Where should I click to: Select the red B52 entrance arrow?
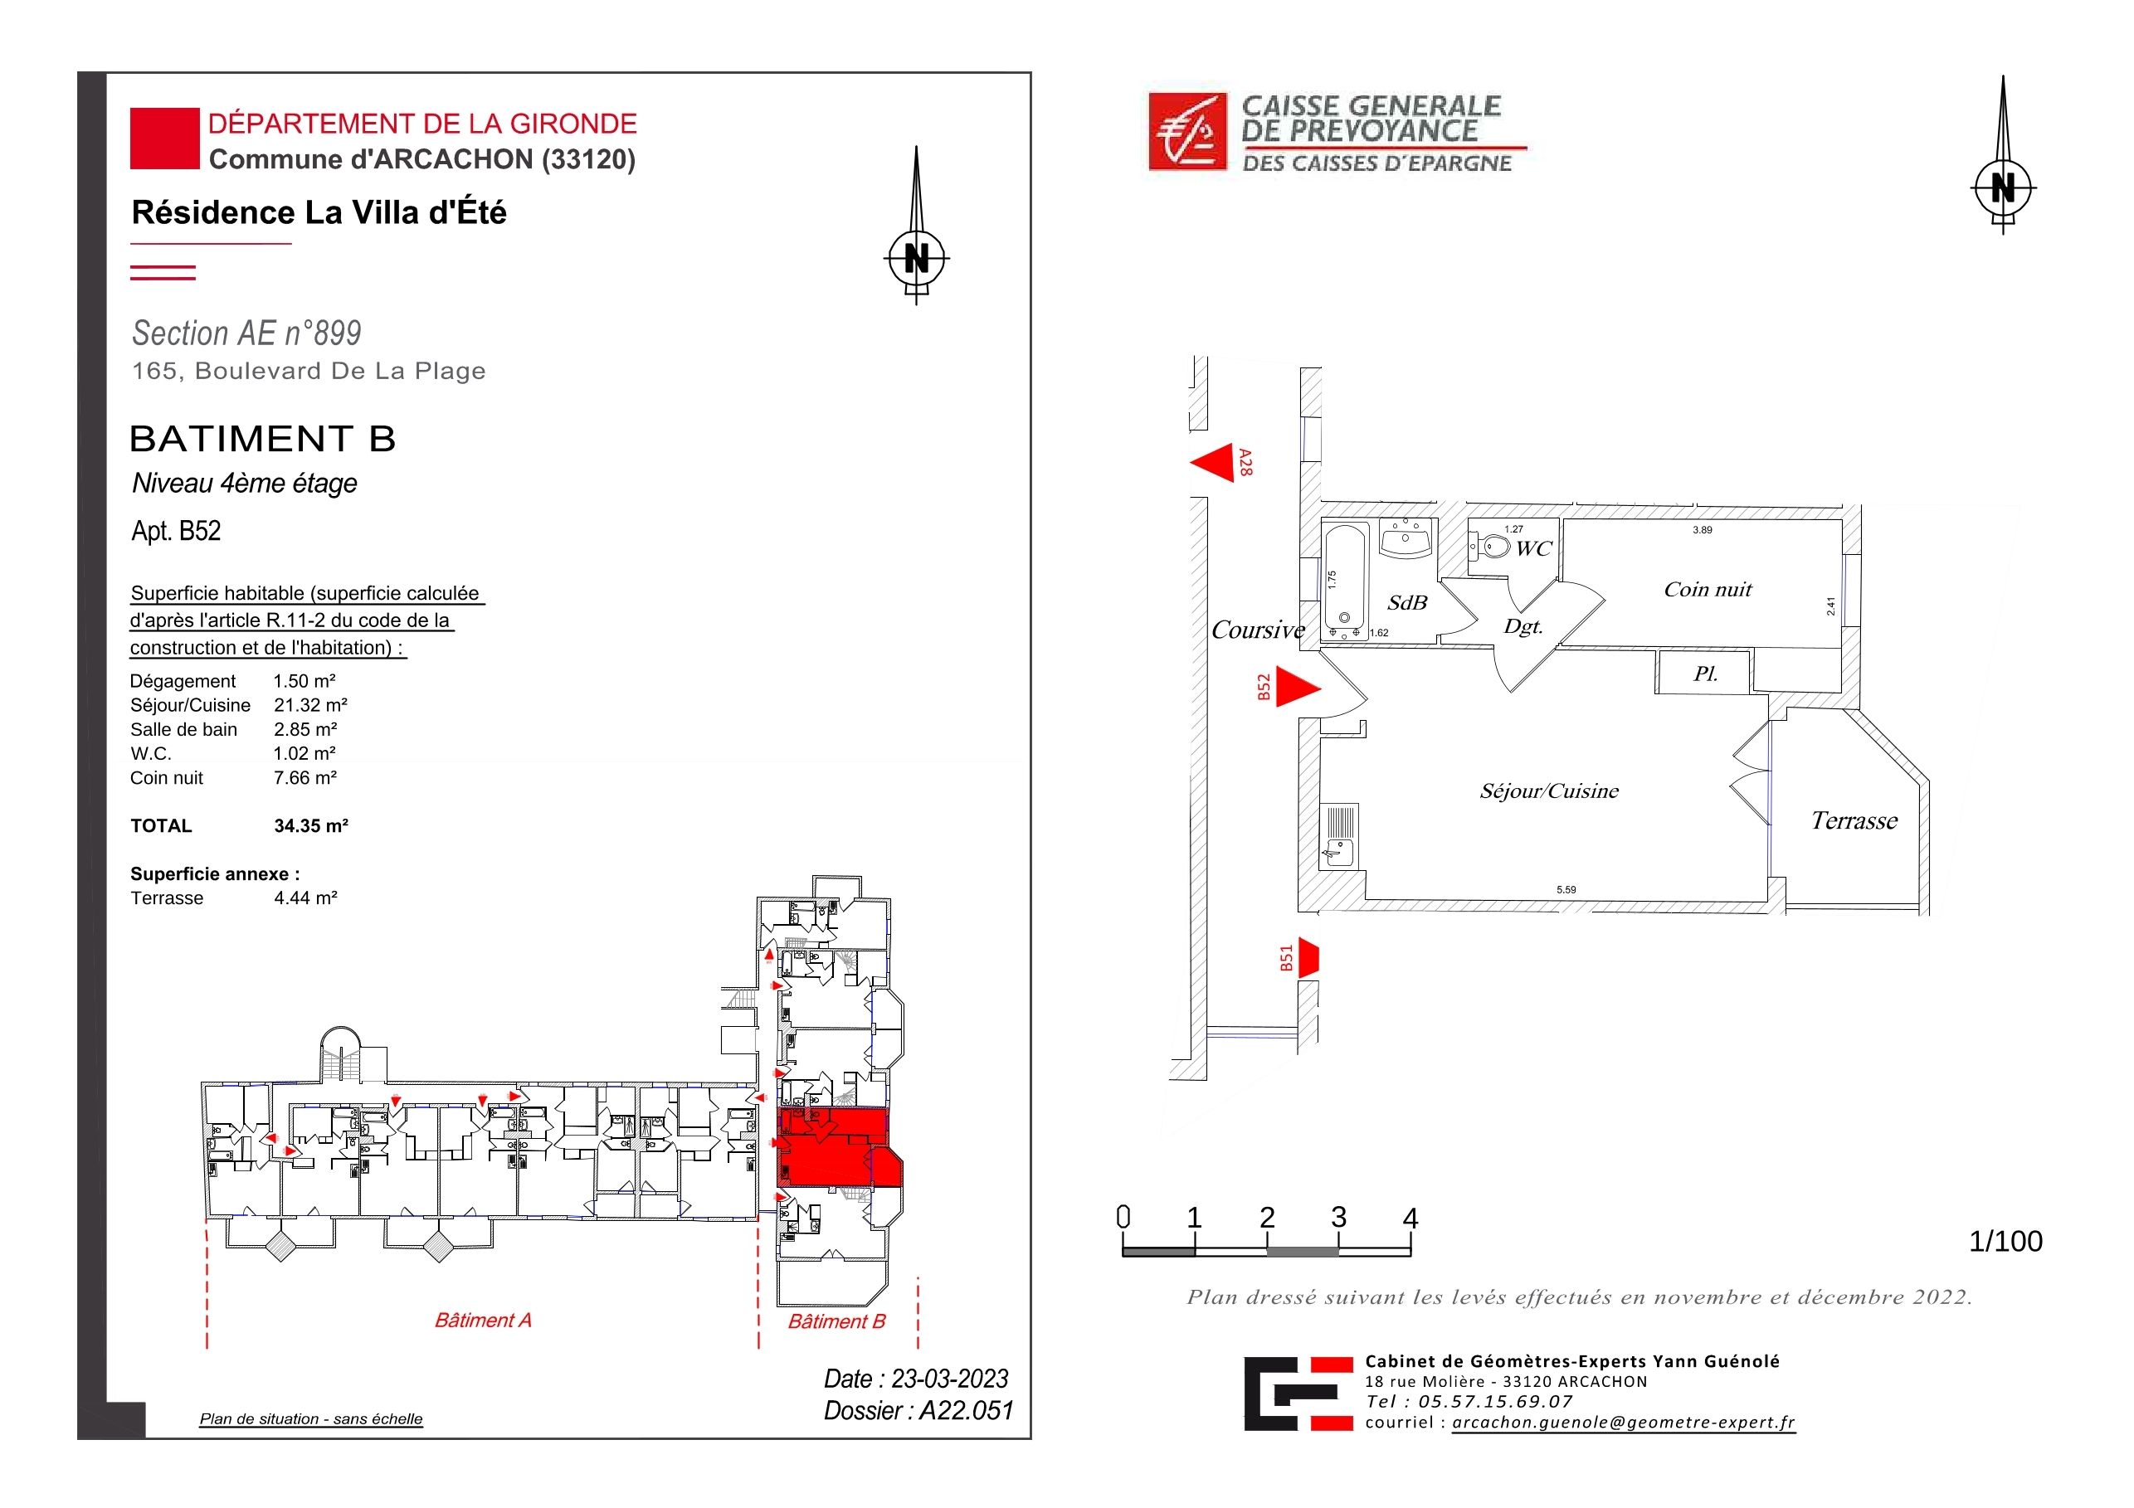click(1298, 688)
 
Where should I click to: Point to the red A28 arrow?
click(1212, 463)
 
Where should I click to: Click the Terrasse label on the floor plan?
click(1854, 820)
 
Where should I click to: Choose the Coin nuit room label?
click(1708, 589)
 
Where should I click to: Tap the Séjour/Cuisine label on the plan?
click(1549, 790)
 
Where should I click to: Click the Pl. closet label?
click(1704, 674)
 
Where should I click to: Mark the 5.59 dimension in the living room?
click(1566, 890)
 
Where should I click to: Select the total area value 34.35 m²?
click(310, 825)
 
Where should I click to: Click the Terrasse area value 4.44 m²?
click(305, 898)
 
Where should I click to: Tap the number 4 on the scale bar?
click(1410, 1219)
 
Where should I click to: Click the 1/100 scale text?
click(2005, 1242)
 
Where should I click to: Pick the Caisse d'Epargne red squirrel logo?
click(1188, 131)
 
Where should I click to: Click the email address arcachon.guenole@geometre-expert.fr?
click(1624, 1423)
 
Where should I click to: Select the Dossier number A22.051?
click(966, 1410)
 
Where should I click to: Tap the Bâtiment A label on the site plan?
click(484, 1321)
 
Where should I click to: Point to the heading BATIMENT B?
click(263, 439)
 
